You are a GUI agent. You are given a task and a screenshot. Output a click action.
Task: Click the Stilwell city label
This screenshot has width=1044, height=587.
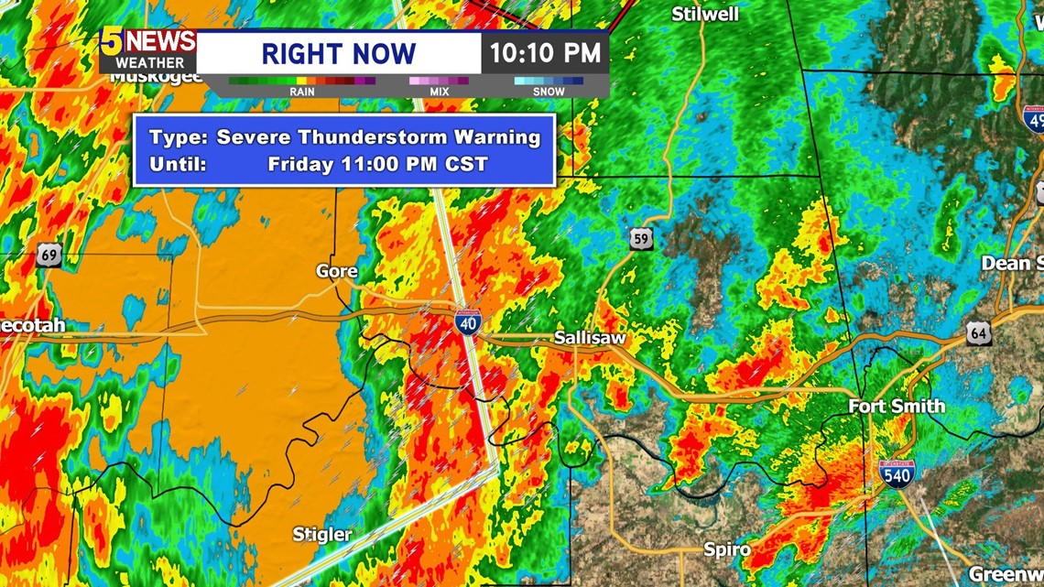705,14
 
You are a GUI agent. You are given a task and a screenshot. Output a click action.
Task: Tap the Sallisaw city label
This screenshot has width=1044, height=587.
590,338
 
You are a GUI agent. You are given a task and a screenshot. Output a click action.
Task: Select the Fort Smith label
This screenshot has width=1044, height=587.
896,406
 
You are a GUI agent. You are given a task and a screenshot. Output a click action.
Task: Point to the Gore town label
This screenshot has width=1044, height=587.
336,271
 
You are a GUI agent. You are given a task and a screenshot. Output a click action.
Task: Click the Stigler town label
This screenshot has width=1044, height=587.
322,534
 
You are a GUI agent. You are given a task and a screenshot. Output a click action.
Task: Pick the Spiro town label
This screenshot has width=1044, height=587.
727,549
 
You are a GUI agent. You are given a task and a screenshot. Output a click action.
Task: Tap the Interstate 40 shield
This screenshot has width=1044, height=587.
467,322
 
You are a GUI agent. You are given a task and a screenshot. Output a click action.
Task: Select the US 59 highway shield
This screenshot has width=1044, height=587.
642,239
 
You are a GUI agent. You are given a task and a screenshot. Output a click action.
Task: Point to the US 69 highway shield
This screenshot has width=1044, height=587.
49,255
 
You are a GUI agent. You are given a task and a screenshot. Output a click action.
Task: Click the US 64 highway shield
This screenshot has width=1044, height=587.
978,333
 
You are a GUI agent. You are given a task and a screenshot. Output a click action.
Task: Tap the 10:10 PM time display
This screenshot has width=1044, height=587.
544,52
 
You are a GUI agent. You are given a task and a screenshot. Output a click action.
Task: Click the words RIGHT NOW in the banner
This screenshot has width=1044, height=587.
338,53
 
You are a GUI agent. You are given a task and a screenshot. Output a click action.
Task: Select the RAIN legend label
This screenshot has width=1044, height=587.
302,92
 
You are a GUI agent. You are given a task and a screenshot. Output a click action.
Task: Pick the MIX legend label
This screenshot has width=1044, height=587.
439,92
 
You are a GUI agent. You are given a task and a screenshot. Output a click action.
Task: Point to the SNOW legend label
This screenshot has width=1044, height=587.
549,92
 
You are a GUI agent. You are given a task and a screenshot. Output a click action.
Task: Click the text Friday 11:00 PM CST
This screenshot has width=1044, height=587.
377,165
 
